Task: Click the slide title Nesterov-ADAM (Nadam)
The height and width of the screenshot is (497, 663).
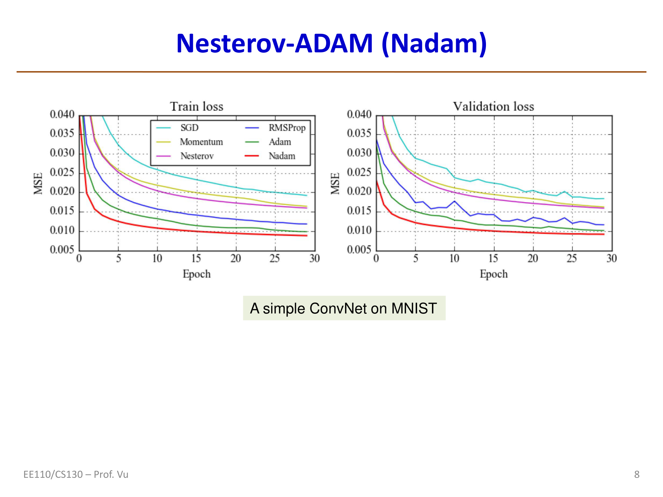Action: (331, 44)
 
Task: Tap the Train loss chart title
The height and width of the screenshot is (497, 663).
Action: (197, 107)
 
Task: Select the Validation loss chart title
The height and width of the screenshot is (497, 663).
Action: (494, 107)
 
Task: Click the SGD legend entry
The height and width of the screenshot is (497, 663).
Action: (189, 128)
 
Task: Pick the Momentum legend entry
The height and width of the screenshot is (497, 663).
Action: (201, 142)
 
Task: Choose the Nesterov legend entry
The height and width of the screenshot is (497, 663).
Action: (197, 156)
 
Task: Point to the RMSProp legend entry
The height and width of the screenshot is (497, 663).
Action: (287, 128)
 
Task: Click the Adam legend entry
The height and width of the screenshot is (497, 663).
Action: (280, 142)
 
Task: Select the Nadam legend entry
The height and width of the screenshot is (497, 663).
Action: (282, 156)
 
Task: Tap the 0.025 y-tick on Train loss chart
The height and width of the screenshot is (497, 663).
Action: (62, 172)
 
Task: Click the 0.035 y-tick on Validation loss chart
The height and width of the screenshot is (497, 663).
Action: (359, 134)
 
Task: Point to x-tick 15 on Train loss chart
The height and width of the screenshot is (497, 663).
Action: (196, 258)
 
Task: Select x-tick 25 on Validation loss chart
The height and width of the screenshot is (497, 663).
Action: (572, 258)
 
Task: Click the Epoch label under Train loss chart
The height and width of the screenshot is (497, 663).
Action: (197, 274)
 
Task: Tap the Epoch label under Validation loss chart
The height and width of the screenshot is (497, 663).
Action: (494, 274)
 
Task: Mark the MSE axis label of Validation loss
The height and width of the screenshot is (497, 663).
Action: (335, 183)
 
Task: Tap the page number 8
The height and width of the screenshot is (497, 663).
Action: (636, 474)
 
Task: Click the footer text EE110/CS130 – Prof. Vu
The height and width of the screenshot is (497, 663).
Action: (76, 474)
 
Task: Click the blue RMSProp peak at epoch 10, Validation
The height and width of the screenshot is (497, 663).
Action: (454, 201)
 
